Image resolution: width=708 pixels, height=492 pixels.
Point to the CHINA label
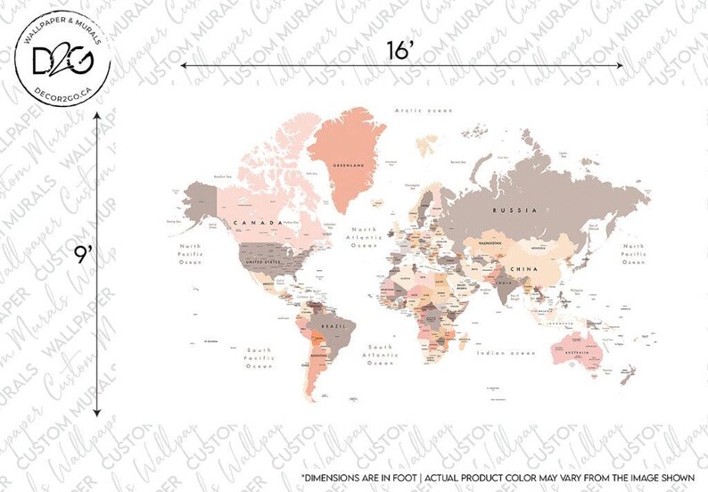pyautogui.click(x=523, y=267)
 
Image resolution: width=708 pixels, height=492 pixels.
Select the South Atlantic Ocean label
pyautogui.click(x=381, y=355)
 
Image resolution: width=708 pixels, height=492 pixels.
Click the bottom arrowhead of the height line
pyautogui.click(x=96, y=412)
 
